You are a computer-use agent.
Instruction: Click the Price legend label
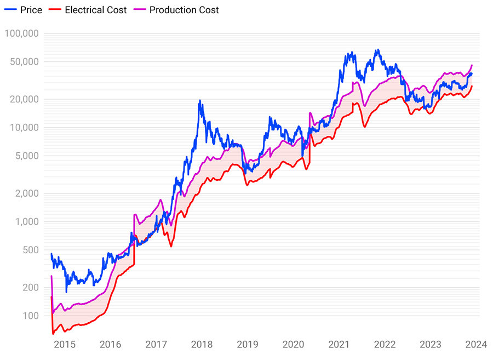pyautogui.click(x=31, y=10)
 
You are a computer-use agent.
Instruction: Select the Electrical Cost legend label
pyautogui.click(x=95, y=10)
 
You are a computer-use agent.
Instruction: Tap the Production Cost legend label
pyautogui.click(x=184, y=10)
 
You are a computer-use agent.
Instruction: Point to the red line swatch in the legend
pyautogui.click(x=54, y=10)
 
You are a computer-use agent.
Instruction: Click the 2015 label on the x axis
pyautogui.click(x=65, y=345)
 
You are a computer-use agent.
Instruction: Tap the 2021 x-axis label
pyautogui.click(x=339, y=345)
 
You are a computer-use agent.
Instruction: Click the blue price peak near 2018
pyautogui.click(x=200, y=101)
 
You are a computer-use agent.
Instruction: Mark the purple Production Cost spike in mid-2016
pyautogui.click(x=134, y=215)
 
